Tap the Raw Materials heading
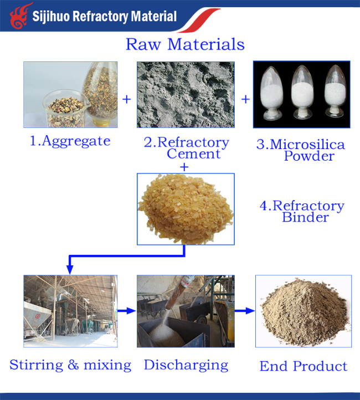[186, 44]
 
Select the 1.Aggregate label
[70, 141]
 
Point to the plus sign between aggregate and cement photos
[127, 99]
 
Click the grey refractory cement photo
[186, 95]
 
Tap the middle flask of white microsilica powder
[302, 92]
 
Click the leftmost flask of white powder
[272, 93]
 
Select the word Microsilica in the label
[307, 145]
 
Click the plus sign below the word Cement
[184, 167]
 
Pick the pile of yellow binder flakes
[186, 209]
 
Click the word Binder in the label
[305, 217]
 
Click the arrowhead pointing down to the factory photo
[70, 270]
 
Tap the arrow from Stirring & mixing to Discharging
[127, 310]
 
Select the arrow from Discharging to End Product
[244, 310]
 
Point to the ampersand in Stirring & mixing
[73, 365]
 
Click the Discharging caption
[186, 365]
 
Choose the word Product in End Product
[320, 366]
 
